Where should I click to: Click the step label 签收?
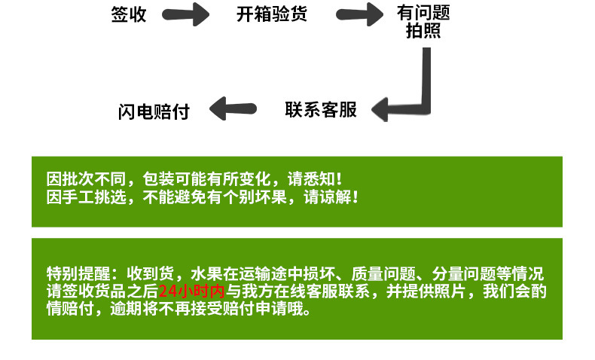pos(129,14)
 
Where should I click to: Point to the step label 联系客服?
pos(320,109)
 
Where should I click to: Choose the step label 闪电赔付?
pos(154,111)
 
